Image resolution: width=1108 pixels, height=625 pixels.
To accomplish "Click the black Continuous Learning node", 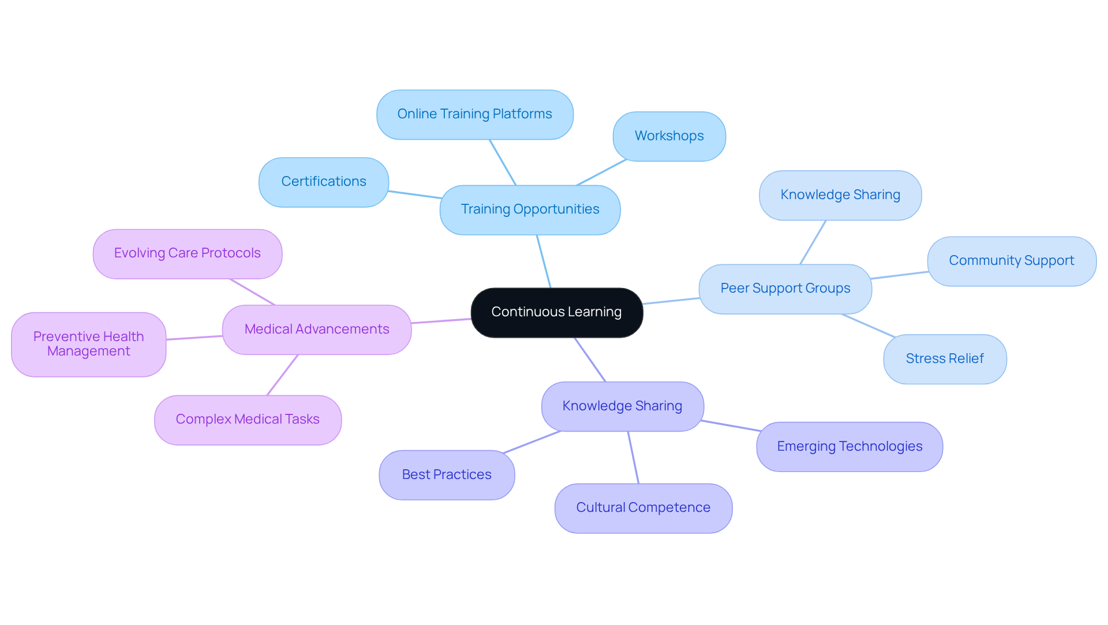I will click(x=556, y=312).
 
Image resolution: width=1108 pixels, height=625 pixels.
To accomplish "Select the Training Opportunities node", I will click(x=530, y=209).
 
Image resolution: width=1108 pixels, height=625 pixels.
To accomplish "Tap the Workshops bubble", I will click(x=669, y=136).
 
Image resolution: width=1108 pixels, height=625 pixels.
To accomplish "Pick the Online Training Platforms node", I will click(x=474, y=114).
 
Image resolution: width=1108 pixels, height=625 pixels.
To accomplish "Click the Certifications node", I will click(x=323, y=182).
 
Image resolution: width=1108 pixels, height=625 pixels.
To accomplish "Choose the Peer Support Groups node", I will click(x=785, y=289).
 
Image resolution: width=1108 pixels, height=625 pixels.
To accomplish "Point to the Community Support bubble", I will click(x=1011, y=261).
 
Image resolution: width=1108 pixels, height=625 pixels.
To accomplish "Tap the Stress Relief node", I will click(x=945, y=359).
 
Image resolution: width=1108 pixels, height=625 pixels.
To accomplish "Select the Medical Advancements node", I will click(x=316, y=330).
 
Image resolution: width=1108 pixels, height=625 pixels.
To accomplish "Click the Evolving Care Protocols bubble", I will click(x=187, y=253).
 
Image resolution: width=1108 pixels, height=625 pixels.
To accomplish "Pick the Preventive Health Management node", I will click(x=88, y=345).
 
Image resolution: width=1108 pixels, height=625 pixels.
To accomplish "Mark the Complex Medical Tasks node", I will click(x=248, y=420).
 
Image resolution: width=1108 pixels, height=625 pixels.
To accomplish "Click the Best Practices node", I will click(x=447, y=475).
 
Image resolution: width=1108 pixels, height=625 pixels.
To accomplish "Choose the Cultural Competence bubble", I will click(x=643, y=508).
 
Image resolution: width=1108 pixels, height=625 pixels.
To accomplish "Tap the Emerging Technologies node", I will click(x=849, y=447).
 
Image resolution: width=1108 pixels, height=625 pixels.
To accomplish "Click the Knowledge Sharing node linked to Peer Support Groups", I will click(x=840, y=195).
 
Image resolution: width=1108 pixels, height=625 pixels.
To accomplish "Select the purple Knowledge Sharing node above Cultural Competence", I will click(x=622, y=406).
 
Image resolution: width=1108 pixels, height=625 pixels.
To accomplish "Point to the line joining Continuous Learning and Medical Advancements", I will click(x=441, y=321).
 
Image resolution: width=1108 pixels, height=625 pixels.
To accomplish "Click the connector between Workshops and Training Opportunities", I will click(x=601, y=173).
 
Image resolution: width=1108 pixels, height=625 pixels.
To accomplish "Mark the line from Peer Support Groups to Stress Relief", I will click(x=869, y=325).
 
